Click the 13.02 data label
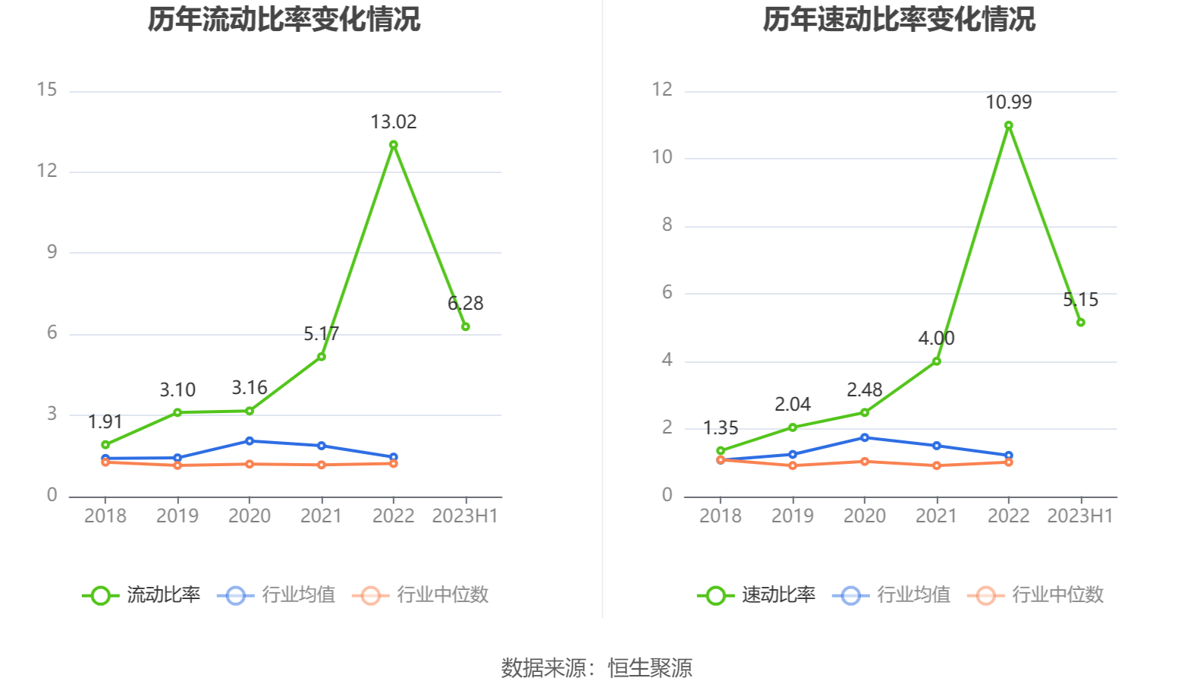coord(393,121)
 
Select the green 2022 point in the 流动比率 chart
coord(393,144)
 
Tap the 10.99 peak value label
coord(1008,102)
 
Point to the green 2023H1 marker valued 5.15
coord(1080,323)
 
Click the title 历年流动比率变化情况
coord(284,20)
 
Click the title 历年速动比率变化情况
coord(899,20)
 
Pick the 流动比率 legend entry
coord(142,594)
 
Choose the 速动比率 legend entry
coord(757,594)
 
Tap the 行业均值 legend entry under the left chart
coord(277,594)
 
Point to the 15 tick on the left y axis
coord(47,90)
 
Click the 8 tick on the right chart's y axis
coord(667,225)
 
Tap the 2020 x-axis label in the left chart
coord(249,516)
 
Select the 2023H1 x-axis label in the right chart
coord(1080,516)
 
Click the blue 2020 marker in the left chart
coord(249,441)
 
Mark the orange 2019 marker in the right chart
coord(793,465)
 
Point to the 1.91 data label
coord(105,421)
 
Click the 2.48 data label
coord(864,389)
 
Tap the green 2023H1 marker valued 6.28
coord(465,326)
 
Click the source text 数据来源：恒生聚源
coord(596,668)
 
